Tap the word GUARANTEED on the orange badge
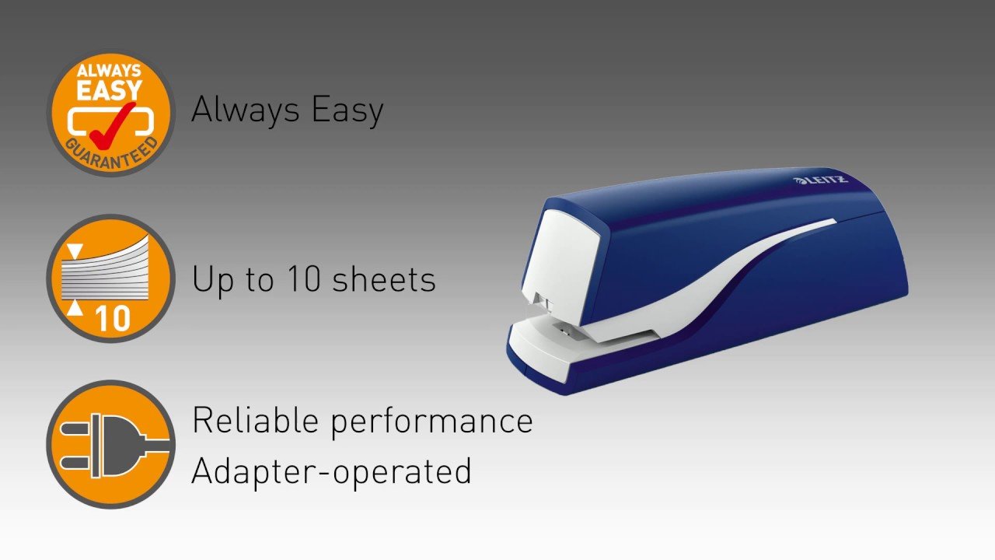pos(111,153)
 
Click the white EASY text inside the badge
pos(109,90)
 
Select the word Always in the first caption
pos(245,110)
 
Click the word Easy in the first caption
pos(347,110)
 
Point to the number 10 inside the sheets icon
pos(113,318)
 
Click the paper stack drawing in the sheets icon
pos(105,273)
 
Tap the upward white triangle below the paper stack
pos(75,308)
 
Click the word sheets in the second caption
pos(384,279)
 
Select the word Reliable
pos(255,420)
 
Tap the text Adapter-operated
pos(331,472)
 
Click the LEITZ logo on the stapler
pos(820,180)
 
